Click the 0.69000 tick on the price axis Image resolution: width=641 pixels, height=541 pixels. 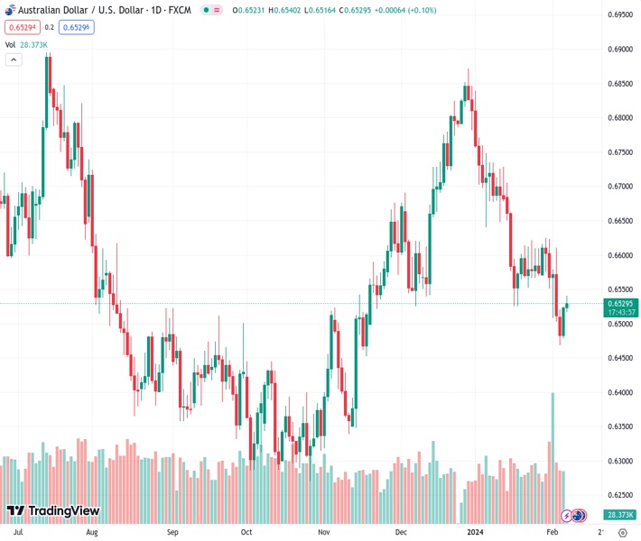(x=619, y=49)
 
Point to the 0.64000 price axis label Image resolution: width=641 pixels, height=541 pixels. (x=619, y=392)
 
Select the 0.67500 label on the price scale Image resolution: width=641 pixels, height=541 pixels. (x=619, y=152)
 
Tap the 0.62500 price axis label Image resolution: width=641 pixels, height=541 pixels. (x=619, y=495)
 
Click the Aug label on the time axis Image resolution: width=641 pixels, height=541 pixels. (x=90, y=532)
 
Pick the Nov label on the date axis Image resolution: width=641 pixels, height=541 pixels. (x=323, y=532)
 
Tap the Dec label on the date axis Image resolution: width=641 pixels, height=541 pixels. (x=401, y=532)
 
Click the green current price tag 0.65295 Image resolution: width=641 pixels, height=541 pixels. (x=622, y=304)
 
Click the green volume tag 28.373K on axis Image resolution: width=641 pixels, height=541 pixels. (x=621, y=515)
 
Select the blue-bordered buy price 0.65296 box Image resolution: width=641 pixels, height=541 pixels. (x=76, y=27)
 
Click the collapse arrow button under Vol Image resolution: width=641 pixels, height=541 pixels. (x=14, y=60)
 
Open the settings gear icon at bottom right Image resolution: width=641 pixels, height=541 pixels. (x=622, y=532)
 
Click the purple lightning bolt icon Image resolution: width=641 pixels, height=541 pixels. (x=567, y=516)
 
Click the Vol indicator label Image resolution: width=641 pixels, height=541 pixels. (x=11, y=44)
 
